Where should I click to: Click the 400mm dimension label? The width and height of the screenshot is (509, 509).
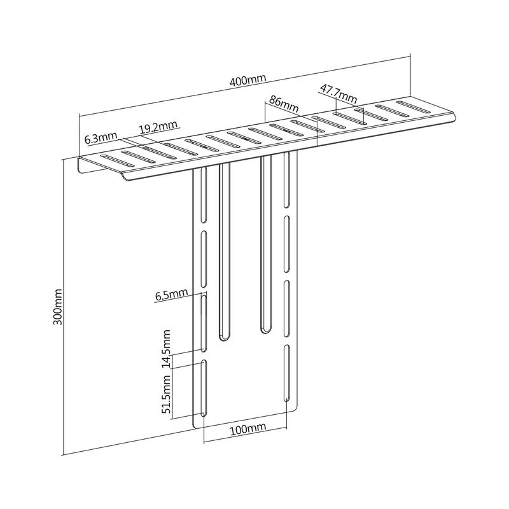248,80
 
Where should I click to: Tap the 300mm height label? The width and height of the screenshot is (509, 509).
58,307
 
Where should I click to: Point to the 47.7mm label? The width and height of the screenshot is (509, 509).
338,93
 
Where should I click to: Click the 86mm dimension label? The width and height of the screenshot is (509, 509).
283,104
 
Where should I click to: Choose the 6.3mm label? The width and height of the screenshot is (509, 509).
101,138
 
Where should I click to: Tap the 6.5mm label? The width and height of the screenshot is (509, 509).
171,295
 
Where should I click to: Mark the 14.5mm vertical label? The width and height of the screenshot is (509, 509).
167,348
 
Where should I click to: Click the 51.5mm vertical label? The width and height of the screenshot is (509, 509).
167,394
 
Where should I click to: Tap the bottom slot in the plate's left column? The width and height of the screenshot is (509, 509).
204,388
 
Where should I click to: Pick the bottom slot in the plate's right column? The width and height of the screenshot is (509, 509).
287,373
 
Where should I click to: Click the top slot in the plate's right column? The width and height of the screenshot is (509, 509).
287,179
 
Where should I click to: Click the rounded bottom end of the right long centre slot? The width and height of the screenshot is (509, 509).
266,329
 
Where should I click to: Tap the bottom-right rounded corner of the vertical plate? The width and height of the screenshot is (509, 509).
295,407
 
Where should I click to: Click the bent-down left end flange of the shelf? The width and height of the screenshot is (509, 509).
80,165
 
